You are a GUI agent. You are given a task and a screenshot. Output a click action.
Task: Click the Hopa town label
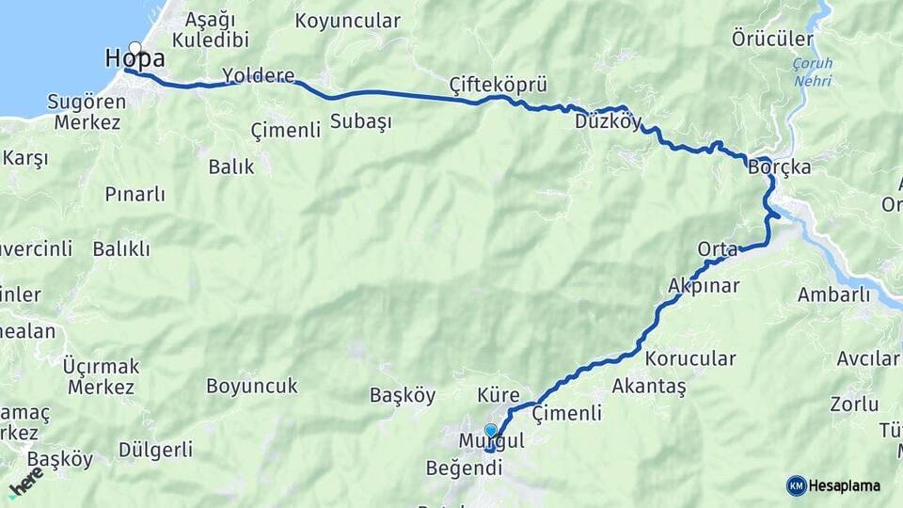pos(135,59)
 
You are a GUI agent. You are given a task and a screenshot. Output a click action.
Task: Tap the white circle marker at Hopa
pos(135,48)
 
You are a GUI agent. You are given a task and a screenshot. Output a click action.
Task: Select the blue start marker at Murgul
pos(490,431)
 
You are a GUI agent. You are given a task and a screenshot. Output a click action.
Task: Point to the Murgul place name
pos(489,441)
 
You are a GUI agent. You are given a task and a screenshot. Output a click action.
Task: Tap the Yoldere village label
pos(258,75)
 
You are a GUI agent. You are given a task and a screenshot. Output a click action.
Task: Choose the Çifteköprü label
pos(498,86)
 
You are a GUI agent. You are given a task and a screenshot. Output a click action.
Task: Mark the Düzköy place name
pos(608,121)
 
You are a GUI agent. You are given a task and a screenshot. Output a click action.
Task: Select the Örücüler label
pos(771,39)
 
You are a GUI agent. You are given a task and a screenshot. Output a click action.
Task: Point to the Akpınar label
pos(704,285)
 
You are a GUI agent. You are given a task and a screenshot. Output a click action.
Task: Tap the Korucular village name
pos(690,358)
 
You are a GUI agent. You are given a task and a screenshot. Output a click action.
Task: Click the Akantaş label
pos(649,386)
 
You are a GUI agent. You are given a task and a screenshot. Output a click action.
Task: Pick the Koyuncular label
pos(347,21)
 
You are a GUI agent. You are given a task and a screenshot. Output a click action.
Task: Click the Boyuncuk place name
pos(251,386)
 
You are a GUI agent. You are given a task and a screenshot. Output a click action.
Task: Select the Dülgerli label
pos(155,450)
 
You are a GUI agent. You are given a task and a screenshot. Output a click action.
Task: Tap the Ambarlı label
pos(833,294)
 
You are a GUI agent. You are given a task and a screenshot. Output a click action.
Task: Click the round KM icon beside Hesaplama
pos(797,485)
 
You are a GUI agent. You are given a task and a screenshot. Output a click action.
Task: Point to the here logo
pos(25,482)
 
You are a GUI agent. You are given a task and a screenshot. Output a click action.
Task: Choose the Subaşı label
pos(360,121)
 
